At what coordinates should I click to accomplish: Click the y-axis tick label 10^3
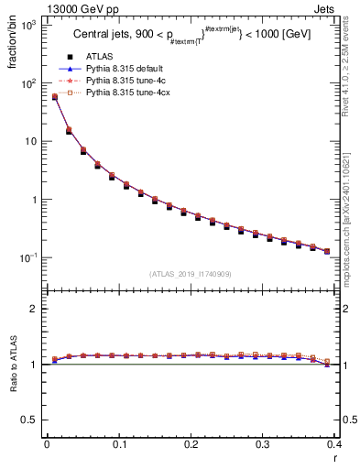tap(28, 25)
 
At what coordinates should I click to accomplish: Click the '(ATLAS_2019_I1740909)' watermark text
tap(191, 274)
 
